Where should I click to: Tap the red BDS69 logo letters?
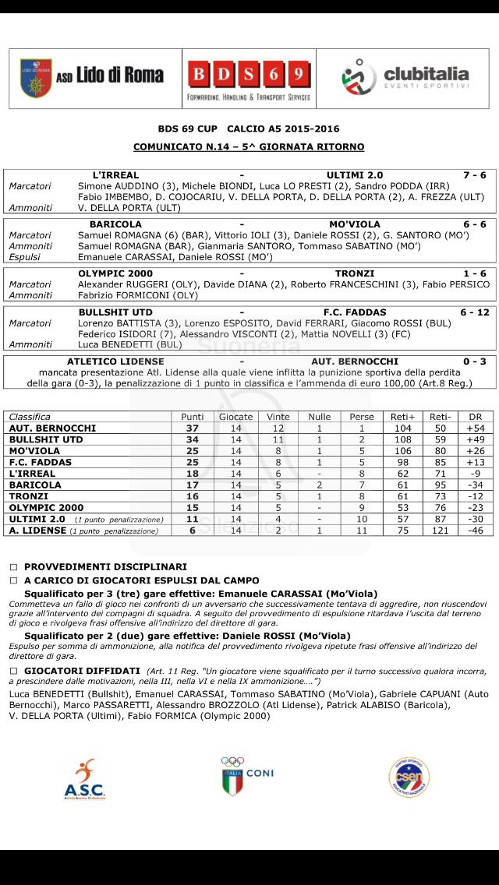248,75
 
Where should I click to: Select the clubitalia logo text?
426,75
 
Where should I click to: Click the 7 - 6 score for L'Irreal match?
473,175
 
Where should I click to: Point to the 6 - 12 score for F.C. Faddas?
473,312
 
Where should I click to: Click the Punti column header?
192,417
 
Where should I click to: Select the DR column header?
470,417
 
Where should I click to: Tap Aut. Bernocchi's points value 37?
192,428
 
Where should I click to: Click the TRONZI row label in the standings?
28,496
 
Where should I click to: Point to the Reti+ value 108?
403,440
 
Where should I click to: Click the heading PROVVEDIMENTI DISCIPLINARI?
105,567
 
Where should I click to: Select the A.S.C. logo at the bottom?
85,779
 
